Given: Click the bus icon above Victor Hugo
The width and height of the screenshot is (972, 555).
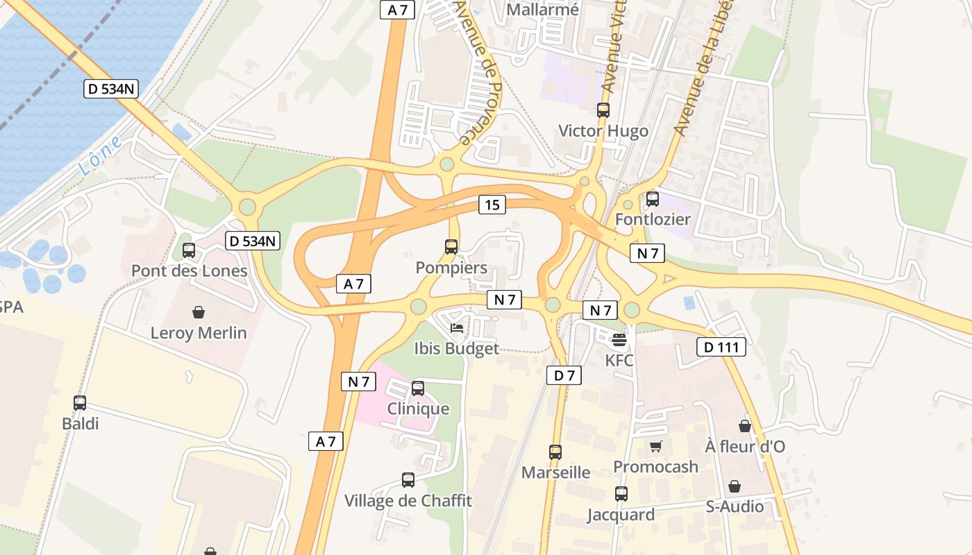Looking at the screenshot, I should (603, 110).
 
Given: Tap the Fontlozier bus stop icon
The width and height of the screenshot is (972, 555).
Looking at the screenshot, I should (653, 199).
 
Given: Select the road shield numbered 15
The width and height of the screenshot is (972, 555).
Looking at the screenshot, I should (492, 205).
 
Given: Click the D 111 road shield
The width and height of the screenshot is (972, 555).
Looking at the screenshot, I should (721, 347).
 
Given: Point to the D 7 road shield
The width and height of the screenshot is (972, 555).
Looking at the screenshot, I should (564, 375).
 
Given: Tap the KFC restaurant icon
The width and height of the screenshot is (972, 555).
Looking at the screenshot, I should (619, 340).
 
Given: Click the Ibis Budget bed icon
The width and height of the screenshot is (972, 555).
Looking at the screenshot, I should (457, 327).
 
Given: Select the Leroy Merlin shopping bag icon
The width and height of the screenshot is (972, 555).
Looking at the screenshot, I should (199, 312).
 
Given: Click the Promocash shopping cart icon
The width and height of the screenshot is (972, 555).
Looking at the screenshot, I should (655, 446).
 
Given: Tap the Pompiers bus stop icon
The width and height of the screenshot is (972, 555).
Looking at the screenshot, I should (451, 246).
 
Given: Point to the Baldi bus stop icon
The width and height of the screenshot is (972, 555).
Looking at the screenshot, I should (80, 402).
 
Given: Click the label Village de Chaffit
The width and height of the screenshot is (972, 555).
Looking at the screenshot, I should (408, 500).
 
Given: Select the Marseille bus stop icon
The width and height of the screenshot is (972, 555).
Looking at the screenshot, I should (555, 452).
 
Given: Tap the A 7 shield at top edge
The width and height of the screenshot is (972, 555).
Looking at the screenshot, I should (397, 10).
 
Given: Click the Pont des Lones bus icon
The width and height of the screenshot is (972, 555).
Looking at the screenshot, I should (189, 250).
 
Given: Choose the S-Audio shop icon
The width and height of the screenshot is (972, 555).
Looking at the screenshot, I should (735, 486).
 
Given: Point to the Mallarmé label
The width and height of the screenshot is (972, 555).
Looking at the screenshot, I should (542, 10).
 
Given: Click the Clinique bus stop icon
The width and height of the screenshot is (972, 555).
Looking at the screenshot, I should (418, 388).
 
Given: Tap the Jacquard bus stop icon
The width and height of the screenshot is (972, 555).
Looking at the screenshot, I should (621, 494).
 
